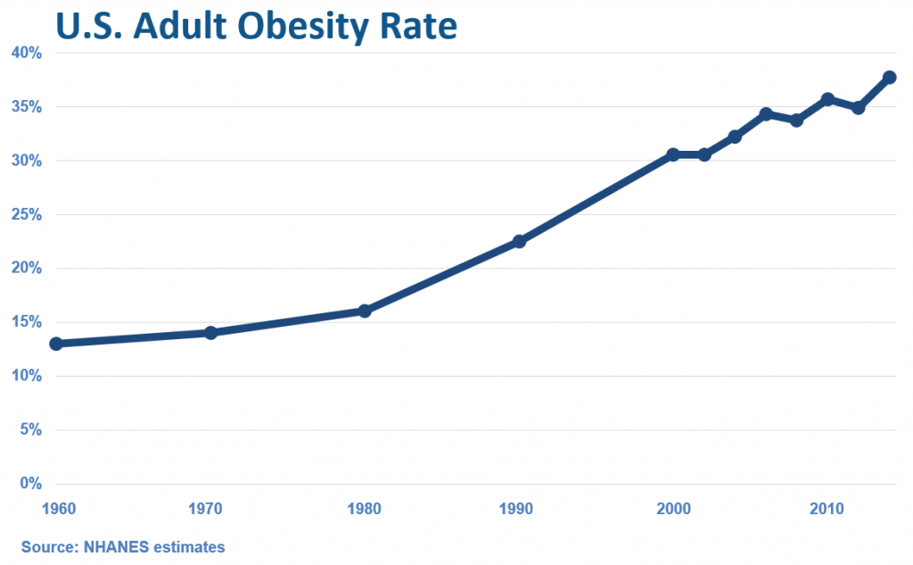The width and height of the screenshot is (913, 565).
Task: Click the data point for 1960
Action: click(56, 344)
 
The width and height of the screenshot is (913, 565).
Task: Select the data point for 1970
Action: click(210, 333)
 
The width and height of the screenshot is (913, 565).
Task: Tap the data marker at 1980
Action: click(365, 311)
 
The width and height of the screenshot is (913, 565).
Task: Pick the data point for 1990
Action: click(519, 241)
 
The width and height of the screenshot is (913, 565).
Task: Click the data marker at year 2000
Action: click(673, 154)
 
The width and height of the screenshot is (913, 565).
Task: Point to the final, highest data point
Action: click(889, 77)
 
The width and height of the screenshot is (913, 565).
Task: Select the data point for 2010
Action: click(827, 99)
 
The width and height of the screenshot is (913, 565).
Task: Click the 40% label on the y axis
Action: click(27, 53)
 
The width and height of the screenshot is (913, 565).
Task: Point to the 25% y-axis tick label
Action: click(27, 214)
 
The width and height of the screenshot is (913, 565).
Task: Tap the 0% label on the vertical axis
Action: click(31, 484)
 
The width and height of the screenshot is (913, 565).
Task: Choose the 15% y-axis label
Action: click(27, 322)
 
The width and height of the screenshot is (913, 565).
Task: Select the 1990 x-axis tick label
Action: click(517, 510)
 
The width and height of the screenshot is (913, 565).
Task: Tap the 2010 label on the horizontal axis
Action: click(827, 510)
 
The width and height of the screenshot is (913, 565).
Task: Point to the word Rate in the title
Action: click(416, 26)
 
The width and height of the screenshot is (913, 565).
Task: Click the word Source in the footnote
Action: click(49, 546)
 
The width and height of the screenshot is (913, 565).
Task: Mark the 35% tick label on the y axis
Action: click(27, 107)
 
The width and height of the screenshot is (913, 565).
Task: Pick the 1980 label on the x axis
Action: click(364, 510)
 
